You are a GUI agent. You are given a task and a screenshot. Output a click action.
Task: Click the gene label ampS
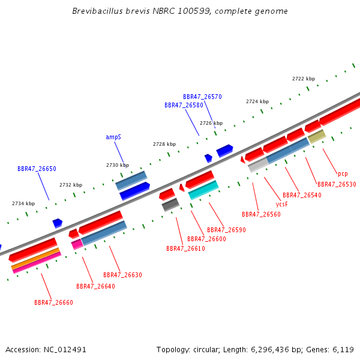point(113,137)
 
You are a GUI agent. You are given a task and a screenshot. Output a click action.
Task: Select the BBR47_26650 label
point(37,169)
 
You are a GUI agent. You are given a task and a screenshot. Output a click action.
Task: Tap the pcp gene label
point(343,174)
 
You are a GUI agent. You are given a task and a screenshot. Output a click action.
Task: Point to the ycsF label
point(282,204)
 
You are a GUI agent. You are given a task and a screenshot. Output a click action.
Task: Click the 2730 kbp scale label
point(118,165)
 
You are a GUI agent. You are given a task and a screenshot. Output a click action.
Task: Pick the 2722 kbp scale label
point(304,79)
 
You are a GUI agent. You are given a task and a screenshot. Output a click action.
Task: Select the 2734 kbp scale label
point(23,203)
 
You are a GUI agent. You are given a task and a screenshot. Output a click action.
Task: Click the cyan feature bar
point(203,190)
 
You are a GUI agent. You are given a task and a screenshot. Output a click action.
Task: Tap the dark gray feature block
point(170,205)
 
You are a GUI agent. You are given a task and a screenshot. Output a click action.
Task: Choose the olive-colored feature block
point(317,137)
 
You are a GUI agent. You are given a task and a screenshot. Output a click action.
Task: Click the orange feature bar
point(35,259)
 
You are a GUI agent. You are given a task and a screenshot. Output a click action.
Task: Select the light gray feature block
point(259,165)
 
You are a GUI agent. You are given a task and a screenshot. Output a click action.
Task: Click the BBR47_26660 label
point(54,302)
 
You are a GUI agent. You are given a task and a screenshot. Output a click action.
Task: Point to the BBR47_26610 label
point(185,248)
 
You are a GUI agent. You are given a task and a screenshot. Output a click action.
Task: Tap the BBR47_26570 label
point(202,97)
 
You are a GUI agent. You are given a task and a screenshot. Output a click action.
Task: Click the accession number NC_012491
point(65,350)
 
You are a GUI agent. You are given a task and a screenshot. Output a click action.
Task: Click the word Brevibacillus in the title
point(97,11)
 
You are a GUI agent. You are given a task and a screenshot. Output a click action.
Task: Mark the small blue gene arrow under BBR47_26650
point(58,223)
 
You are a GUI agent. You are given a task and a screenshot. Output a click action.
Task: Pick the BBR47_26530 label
point(337,184)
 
